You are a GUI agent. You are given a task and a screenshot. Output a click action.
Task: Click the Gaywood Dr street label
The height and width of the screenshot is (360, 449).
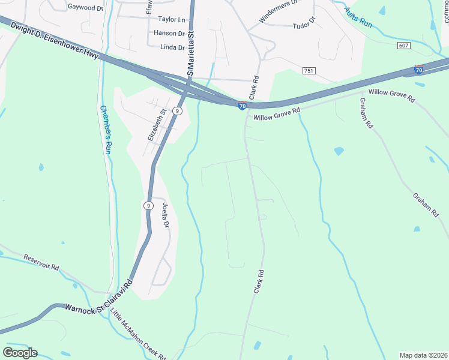pyautogui.click(x=86, y=7)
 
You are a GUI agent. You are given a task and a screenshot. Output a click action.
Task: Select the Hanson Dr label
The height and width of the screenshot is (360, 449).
pyautogui.click(x=169, y=33)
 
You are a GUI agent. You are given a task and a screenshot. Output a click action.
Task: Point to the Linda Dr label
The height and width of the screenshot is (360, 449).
pyautogui.click(x=172, y=47)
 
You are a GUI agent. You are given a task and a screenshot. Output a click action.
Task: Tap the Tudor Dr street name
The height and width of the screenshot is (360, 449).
pyautogui.click(x=304, y=25)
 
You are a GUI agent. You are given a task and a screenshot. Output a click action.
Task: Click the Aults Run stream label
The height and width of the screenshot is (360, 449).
pyautogui.click(x=358, y=19)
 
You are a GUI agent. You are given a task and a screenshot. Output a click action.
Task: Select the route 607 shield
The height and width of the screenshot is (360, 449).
pyautogui.click(x=404, y=46)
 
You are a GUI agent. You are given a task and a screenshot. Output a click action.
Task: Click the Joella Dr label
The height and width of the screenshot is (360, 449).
pyautogui.click(x=166, y=214)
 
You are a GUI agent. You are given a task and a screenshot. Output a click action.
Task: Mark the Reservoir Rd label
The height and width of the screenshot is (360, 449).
pyautogui.click(x=41, y=262)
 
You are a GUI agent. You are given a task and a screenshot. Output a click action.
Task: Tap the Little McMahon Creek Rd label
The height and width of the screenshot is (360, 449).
pyautogui.click(x=138, y=333)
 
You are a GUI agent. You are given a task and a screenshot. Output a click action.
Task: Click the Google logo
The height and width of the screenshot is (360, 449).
pyautogui.click(x=20, y=353)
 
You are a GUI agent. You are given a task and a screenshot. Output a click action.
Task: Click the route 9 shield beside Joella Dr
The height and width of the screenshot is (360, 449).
pyautogui.click(x=148, y=205)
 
